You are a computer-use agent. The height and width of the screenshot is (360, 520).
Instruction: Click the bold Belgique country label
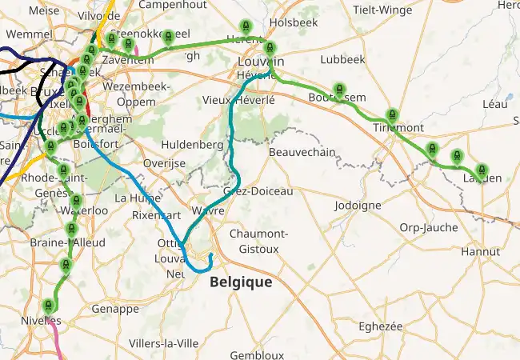[x=241, y=282]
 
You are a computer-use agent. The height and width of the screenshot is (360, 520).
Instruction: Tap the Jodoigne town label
[x=358, y=206]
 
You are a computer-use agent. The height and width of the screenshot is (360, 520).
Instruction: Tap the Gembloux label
[x=257, y=354]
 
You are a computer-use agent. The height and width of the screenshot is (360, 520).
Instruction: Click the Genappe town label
[x=115, y=309]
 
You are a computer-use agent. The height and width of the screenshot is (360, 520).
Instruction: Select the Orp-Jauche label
[x=429, y=227]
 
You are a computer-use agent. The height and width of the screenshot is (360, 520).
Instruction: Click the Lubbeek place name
[x=342, y=59]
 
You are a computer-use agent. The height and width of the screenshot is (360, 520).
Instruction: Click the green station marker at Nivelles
[x=50, y=306]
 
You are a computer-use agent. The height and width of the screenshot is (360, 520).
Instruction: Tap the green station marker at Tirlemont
[x=391, y=115]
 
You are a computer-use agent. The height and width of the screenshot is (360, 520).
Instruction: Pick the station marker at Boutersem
[x=340, y=89]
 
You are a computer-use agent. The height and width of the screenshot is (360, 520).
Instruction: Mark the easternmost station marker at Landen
[x=482, y=170]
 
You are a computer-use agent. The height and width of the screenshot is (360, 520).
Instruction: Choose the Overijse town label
[x=158, y=163]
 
